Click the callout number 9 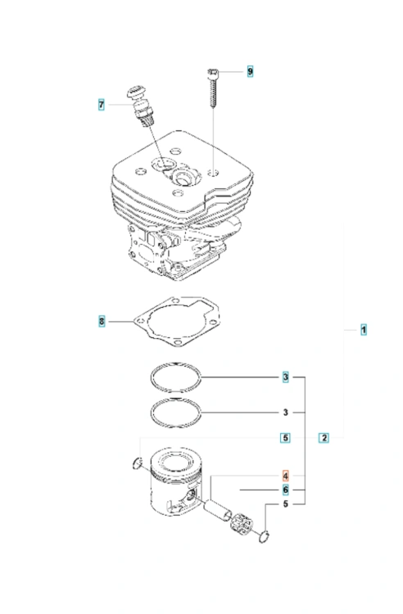pyautogui.click(x=251, y=71)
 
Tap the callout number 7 pyautogui.click(x=102, y=105)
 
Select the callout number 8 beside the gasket pyautogui.click(x=102, y=322)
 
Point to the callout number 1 pyautogui.click(x=364, y=330)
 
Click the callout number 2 pyautogui.click(x=324, y=438)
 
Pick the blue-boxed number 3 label pyautogui.click(x=286, y=377)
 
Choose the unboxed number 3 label pyautogui.click(x=286, y=413)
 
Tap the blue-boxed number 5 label pyautogui.click(x=286, y=438)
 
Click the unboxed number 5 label pyautogui.click(x=286, y=504)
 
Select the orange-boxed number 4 pyautogui.click(x=286, y=476)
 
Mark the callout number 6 pyautogui.click(x=286, y=490)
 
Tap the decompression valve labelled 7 pyautogui.click(x=140, y=105)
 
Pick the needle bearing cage pyautogui.click(x=242, y=525)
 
